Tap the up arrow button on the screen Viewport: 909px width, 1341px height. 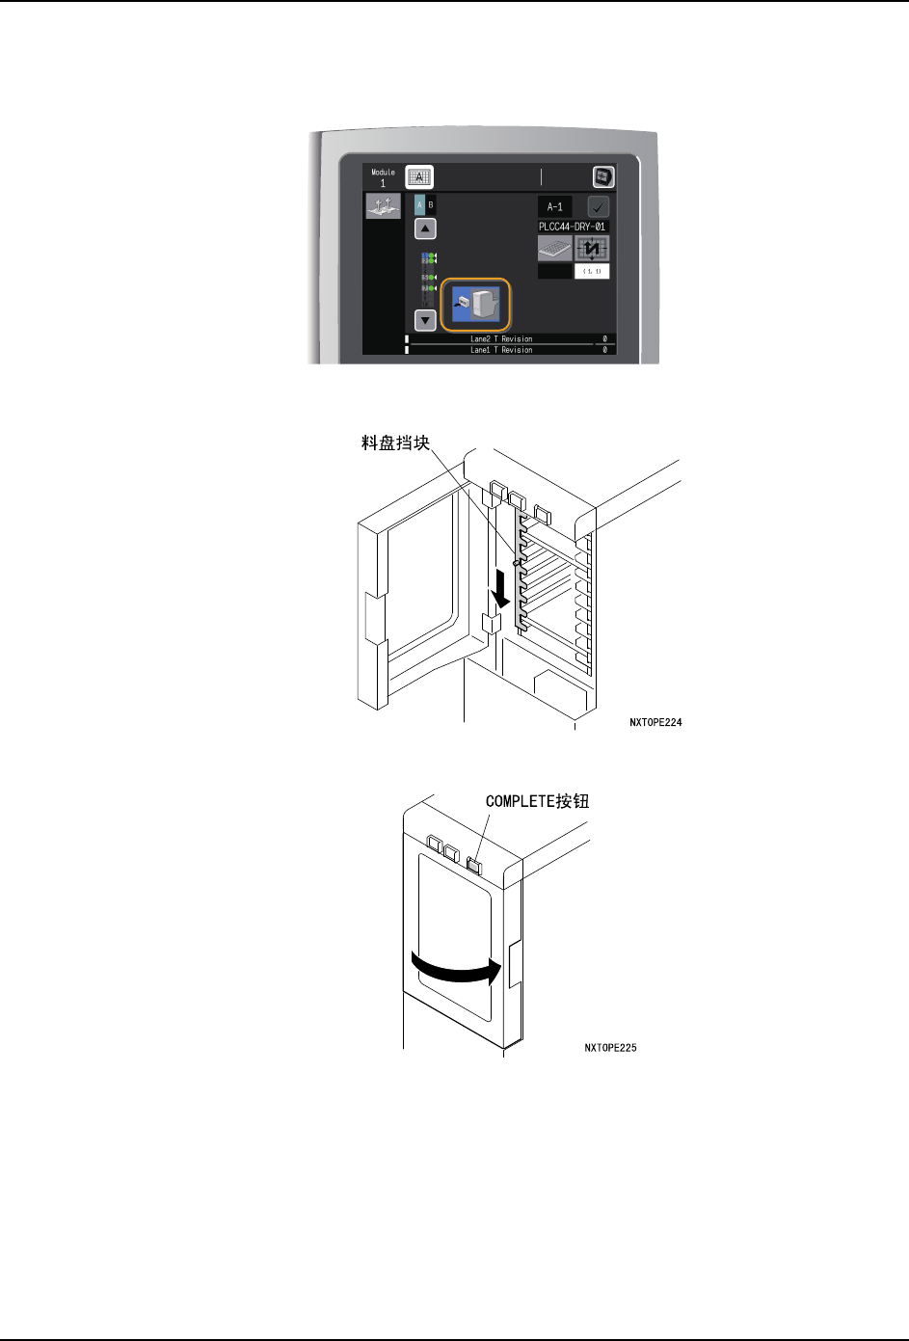(425, 228)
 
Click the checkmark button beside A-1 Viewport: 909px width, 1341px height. (598, 206)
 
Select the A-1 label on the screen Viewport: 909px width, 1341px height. (554, 206)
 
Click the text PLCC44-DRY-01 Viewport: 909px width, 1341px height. (573, 227)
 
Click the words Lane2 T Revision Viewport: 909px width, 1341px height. (501, 339)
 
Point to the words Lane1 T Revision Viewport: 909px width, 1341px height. (501, 350)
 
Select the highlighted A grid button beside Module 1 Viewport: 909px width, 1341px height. (419, 176)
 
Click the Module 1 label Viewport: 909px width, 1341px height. (383, 177)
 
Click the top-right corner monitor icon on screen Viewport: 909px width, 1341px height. (602, 176)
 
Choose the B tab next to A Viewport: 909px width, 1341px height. (431, 205)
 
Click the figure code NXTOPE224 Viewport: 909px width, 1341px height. (655, 722)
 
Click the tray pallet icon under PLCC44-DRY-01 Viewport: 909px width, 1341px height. (554, 249)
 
